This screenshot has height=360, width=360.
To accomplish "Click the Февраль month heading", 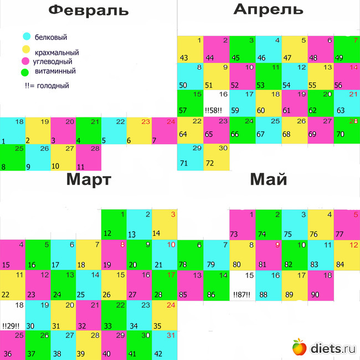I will coord(89,10).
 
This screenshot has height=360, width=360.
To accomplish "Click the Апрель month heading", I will coord(268,9).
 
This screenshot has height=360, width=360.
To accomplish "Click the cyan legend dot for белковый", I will coord(26,37).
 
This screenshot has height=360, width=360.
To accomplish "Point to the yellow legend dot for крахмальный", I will coord(26,49).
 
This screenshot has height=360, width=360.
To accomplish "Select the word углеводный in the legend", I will coord(53,61).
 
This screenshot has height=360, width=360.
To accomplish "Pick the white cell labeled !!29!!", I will coord(13,316).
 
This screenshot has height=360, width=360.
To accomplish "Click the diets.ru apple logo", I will coord(299,347).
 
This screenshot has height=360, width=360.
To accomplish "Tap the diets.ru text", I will coord(332,348).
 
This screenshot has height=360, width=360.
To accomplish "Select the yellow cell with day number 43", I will coord(190,49).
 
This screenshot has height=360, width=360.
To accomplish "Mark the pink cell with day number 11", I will coord(89,158).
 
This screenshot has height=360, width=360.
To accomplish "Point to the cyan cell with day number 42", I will coord(164,344).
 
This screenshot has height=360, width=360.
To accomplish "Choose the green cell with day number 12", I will coord(114,224).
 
